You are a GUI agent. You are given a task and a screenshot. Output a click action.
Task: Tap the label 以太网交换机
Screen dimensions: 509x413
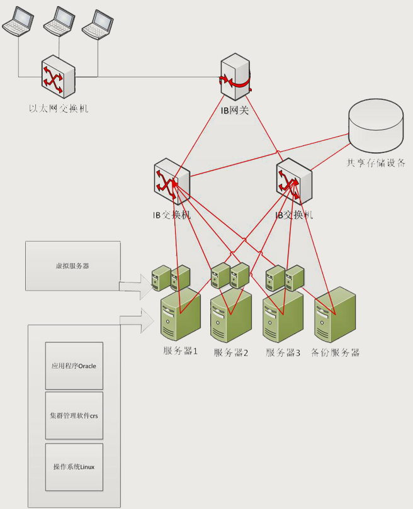pos(59,109)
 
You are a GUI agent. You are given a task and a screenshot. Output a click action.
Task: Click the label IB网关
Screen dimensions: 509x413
pos(235,111)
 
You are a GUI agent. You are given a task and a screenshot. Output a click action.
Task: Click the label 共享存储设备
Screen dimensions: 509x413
pos(375,162)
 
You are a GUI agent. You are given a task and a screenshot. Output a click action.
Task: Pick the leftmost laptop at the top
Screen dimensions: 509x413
pos(18,23)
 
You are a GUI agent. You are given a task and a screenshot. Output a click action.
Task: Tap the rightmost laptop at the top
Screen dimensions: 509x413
pos(98,25)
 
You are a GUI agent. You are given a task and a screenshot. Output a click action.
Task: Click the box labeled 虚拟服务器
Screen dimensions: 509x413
pos(72,266)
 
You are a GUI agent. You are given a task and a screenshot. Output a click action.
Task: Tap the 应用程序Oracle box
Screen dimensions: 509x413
pos(74,366)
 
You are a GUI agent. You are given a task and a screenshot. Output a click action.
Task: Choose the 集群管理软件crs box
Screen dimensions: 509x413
pos(74,416)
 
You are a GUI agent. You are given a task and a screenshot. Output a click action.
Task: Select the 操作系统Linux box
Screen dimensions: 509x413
pos(74,466)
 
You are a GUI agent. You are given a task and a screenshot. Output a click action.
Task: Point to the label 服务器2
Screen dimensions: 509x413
pos(231,353)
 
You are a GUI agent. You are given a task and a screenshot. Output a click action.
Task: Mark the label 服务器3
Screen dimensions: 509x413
pos(283,353)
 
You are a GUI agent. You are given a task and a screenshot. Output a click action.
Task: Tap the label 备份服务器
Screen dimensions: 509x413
pos(336,353)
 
